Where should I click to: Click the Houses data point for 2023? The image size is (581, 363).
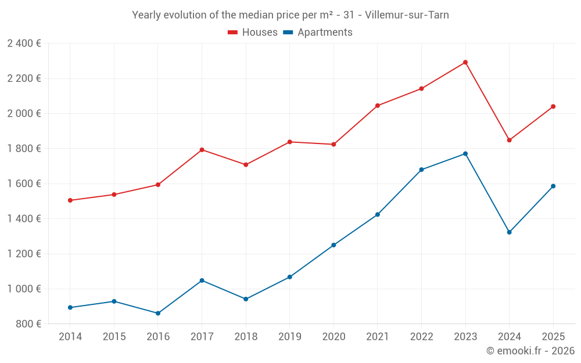(x=465, y=62)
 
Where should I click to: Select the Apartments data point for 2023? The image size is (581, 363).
(x=465, y=154)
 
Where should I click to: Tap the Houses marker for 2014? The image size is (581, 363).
(x=70, y=200)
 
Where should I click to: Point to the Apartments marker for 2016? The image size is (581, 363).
(x=158, y=313)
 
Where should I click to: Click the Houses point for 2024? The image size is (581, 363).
(x=510, y=140)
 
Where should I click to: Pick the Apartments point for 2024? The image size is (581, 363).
(x=510, y=232)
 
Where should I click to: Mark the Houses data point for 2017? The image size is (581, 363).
(x=202, y=150)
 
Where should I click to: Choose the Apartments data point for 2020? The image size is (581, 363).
(x=333, y=245)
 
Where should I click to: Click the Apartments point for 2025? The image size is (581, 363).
(x=553, y=186)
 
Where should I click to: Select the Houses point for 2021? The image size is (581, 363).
(x=378, y=106)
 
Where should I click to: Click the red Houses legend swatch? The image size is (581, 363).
(x=233, y=33)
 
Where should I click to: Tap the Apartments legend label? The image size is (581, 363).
(x=325, y=33)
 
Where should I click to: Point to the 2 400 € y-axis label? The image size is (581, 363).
(x=24, y=44)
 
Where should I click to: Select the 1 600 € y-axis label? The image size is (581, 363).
(x=24, y=184)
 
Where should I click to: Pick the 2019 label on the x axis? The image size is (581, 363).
(x=289, y=337)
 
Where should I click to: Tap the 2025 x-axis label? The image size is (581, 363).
(x=553, y=337)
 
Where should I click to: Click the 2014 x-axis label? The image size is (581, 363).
(x=70, y=337)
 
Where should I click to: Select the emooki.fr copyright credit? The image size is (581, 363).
(x=530, y=351)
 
